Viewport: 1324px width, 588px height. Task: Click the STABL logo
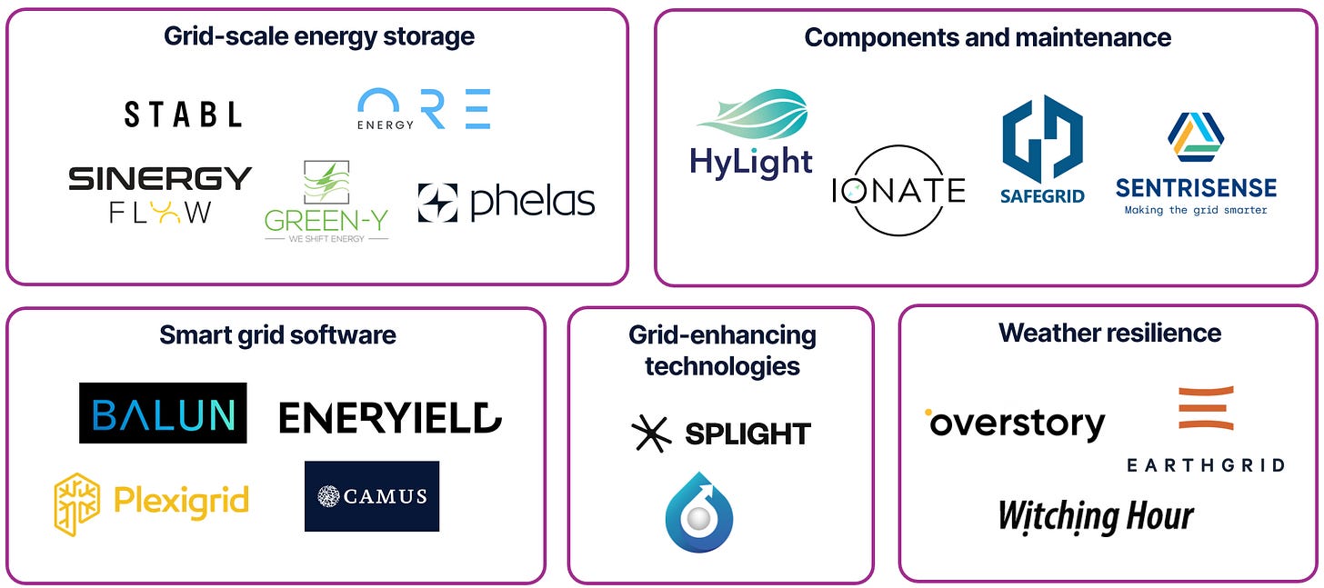[183, 114]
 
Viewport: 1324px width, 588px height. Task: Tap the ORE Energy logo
[424, 109]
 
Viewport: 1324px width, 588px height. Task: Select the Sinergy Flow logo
[160, 194]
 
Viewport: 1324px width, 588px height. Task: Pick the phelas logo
[506, 203]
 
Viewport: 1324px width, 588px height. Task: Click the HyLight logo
[751, 135]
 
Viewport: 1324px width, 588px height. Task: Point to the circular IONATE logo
[898, 190]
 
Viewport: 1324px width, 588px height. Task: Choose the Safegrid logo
[1042, 150]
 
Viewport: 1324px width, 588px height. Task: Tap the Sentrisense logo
[1196, 164]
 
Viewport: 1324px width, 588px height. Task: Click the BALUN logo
[163, 414]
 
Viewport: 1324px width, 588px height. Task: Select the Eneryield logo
[390, 417]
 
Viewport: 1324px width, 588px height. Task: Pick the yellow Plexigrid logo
[151, 503]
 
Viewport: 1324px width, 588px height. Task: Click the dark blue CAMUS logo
[372, 496]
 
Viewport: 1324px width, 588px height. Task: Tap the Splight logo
[721, 434]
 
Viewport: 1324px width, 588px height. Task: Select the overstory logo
[1015, 424]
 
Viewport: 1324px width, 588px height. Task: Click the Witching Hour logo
[1096, 516]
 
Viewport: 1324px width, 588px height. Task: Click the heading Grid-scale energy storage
[319, 36]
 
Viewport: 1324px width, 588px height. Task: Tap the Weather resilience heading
[1109, 333]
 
